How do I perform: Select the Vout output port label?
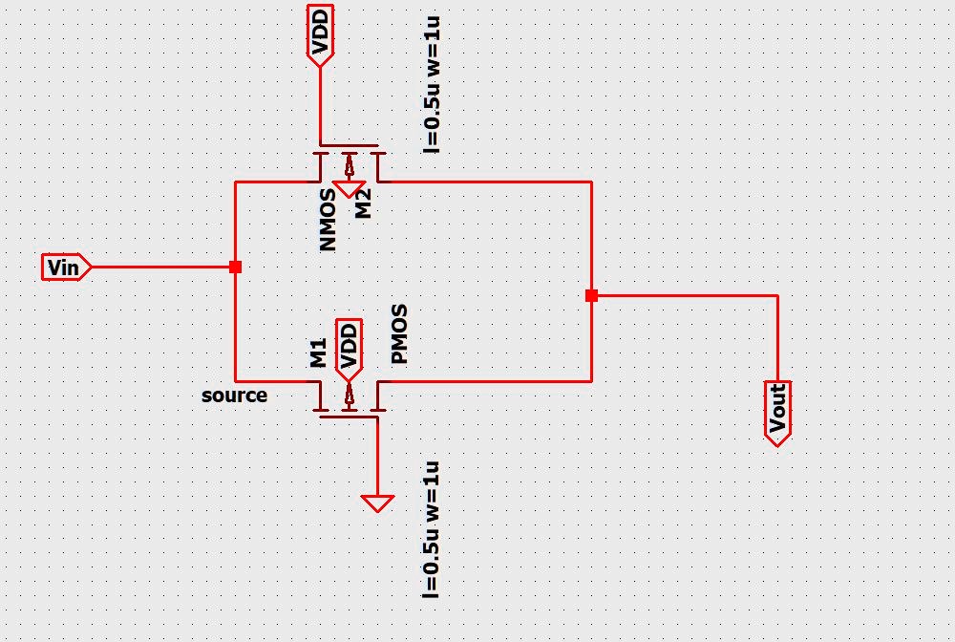point(777,412)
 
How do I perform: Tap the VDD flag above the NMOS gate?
point(320,34)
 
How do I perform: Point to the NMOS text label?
point(329,220)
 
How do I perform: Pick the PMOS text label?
point(399,334)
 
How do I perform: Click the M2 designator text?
point(363,203)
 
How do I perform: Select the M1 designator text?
point(319,353)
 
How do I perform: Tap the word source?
point(234,395)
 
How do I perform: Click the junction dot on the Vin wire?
point(235,267)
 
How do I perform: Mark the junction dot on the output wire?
point(591,296)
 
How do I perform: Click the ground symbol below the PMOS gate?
point(377,503)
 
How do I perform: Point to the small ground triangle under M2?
point(350,188)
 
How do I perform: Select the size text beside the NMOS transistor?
point(432,86)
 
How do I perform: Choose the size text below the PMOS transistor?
point(432,530)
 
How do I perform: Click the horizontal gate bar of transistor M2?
point(349,148)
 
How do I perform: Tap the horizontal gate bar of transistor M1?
point(349,416)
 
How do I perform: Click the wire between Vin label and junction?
point(162,267)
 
